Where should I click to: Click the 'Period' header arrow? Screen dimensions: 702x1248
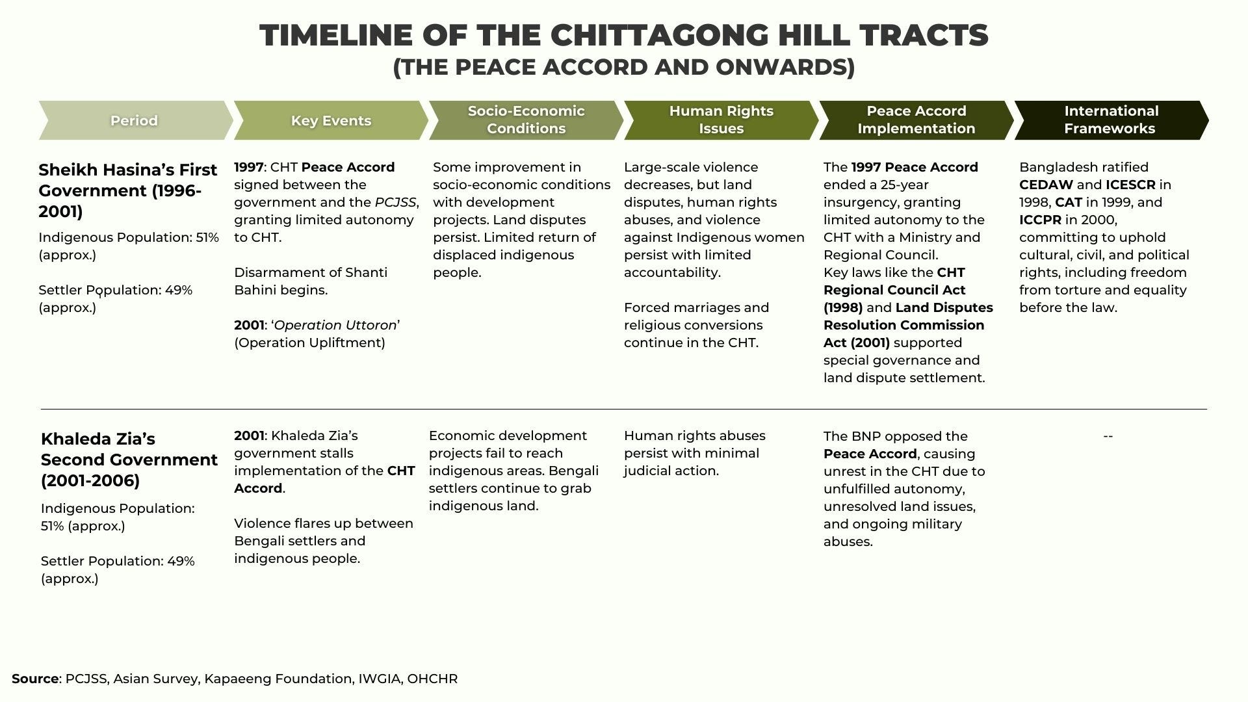click(134, 120)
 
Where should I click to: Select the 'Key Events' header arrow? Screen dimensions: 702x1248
click(331, 120)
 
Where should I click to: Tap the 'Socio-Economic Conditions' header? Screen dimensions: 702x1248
click(526, 120)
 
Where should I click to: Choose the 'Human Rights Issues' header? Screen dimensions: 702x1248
click(721, 120)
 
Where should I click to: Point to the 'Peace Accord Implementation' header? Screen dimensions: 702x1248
click(916, 120)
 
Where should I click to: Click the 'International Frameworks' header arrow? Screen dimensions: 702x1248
click(1111, 120)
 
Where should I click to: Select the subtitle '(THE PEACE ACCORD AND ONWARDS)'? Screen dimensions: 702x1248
click(623, 67)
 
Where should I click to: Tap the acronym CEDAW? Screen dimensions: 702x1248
click(1046, 185)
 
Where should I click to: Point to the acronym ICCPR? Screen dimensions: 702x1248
click(1040, 220)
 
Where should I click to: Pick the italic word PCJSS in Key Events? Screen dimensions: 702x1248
click(395, 202)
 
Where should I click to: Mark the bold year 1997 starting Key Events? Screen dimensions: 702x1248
click(249, 167)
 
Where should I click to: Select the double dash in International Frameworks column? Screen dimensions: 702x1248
click(1108, 435)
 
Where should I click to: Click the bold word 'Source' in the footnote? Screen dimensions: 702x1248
click(35, 679)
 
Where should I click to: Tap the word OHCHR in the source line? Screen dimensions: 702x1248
click(432, 679)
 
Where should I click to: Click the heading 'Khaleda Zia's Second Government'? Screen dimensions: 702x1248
click(129, 460)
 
